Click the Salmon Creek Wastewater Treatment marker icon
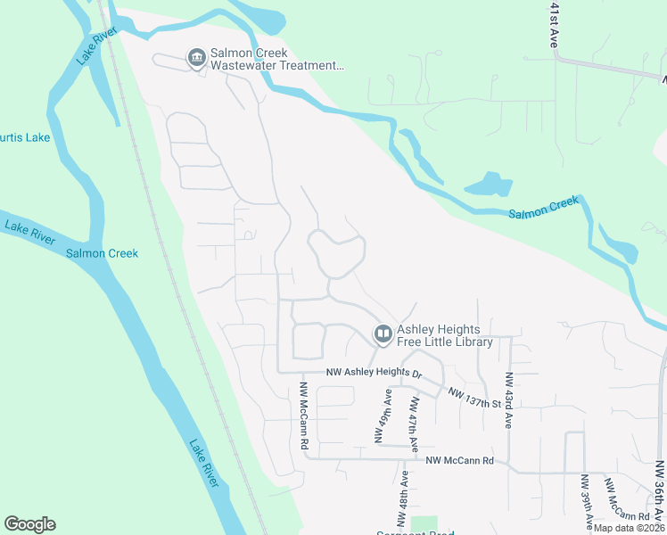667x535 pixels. (196, 58)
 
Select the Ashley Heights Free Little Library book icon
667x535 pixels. (383, 334)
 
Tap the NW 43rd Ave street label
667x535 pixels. (509, 400)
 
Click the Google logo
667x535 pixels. (29, 524)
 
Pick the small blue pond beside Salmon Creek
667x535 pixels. (488, 185)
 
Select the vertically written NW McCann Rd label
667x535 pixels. (304, 416)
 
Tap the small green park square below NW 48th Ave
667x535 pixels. (425, 524)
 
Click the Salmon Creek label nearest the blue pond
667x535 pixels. (543, 208)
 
